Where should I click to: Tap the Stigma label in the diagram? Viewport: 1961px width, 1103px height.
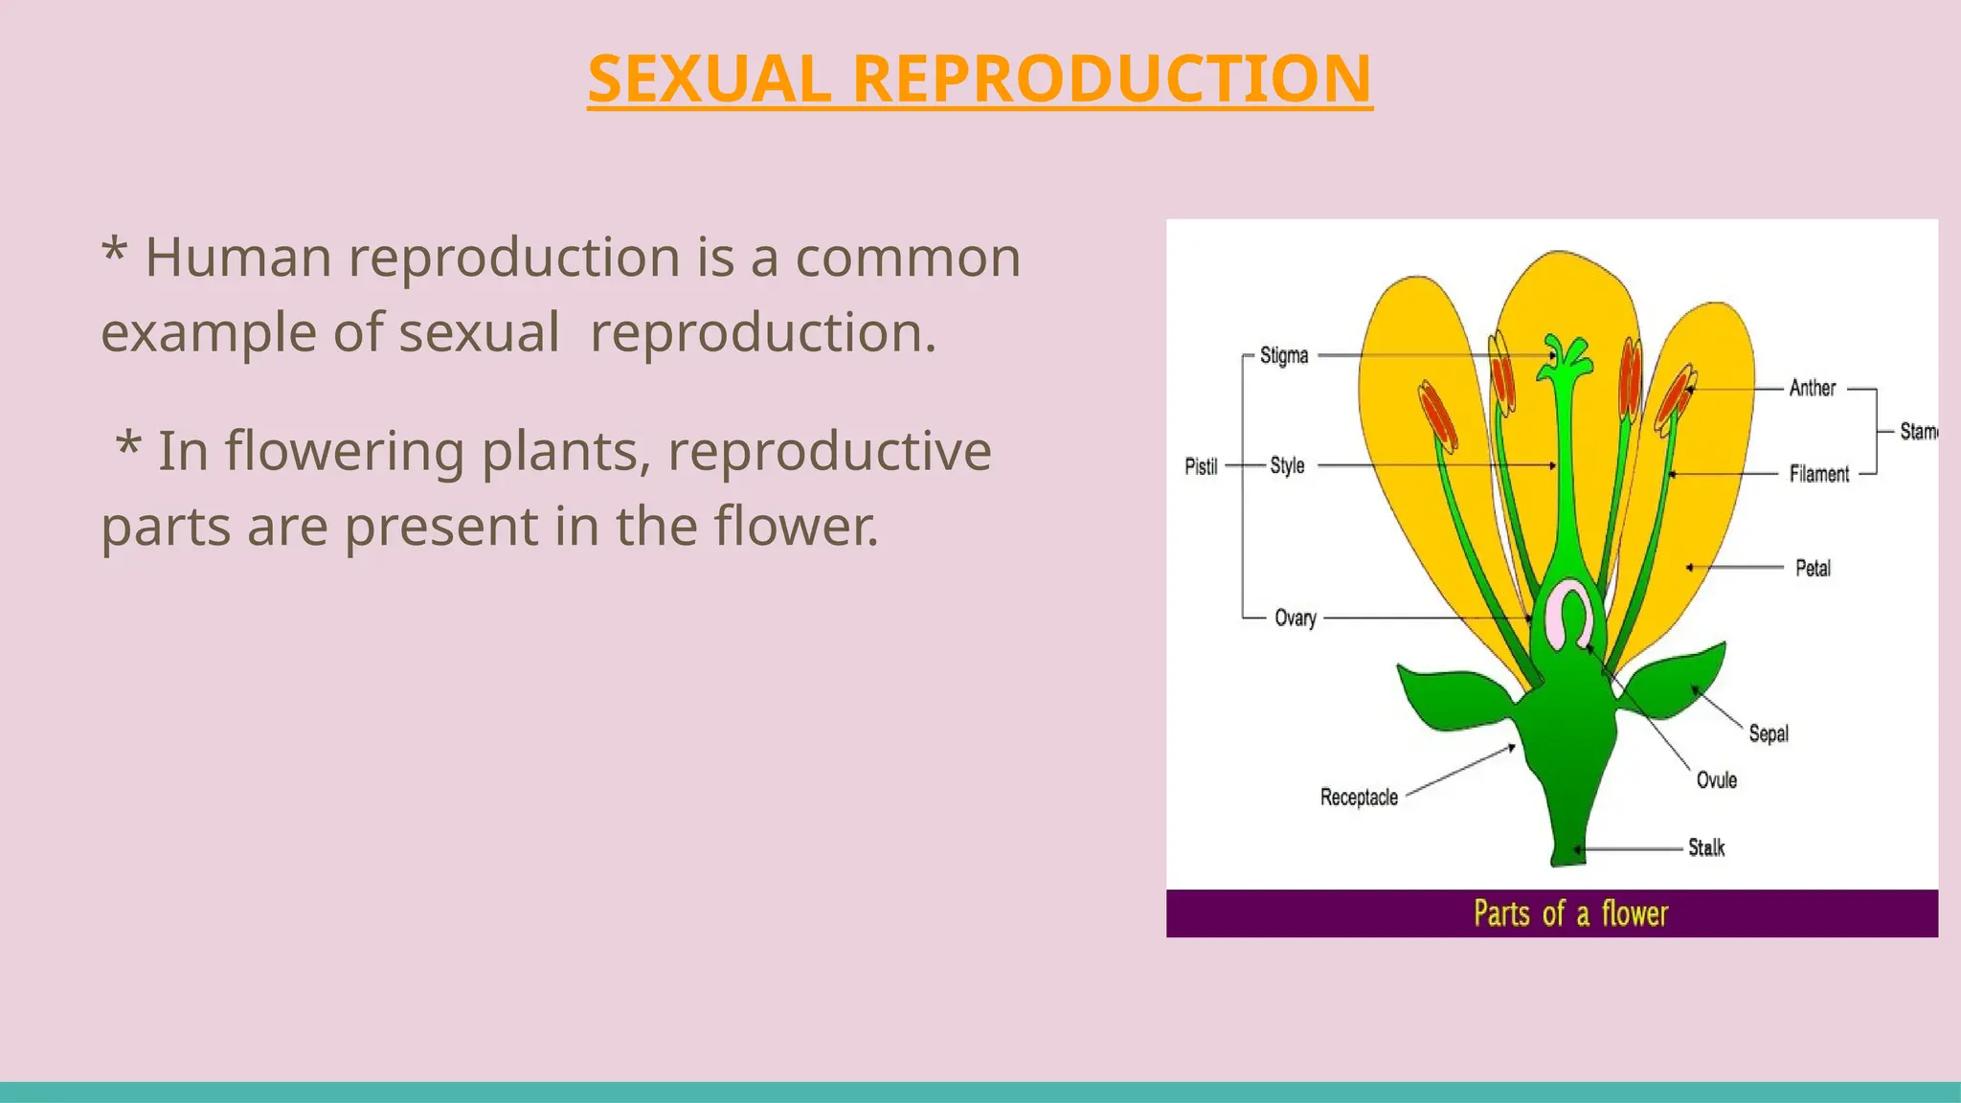tap(1283, 355)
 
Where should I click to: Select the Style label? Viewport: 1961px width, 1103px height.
tap(1287, 465)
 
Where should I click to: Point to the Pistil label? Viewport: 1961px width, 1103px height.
tap(1201, 466)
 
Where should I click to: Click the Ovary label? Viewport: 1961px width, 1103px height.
tap(1295, 618)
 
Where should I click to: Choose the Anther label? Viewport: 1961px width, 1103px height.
tap(1812, 388)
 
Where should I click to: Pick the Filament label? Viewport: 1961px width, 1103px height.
tap(1818, 474)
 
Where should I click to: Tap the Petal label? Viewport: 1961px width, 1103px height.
tap(1813, 568)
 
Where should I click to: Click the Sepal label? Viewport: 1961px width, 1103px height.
tap(1768, 733)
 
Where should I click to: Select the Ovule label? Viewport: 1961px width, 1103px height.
tap(1716, 780)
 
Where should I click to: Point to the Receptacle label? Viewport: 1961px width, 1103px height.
tap(1358, 798)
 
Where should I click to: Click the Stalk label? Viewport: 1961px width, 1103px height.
tap(1705, 847)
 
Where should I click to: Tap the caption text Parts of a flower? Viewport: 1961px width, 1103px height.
tap(1570, 913)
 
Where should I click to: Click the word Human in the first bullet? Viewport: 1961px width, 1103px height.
tap(237, 258)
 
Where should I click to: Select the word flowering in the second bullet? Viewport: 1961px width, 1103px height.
tap(345, 451)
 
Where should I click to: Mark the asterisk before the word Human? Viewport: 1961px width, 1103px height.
tap(114, 251)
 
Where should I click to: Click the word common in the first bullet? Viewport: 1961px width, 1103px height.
tap(908, 258)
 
